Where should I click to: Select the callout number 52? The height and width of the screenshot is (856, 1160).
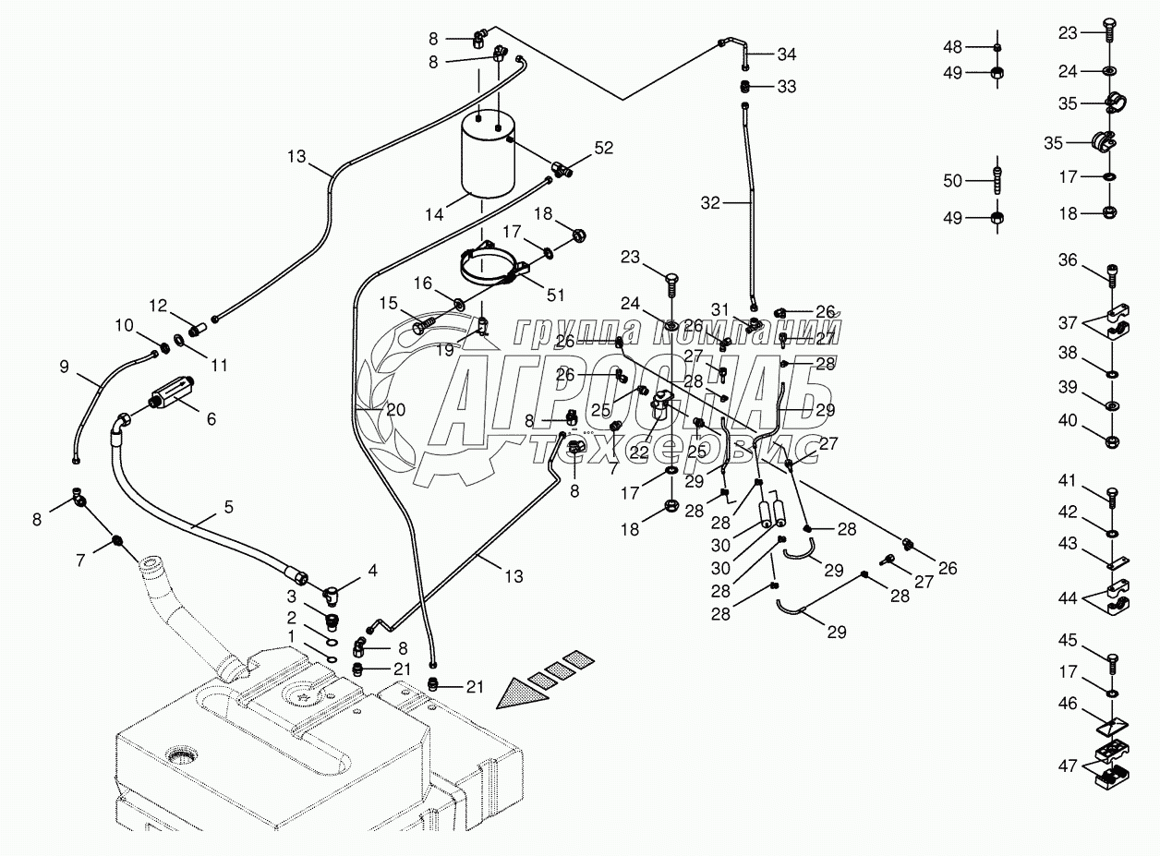point(603,147)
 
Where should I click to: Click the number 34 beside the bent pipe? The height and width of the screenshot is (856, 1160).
point(786,54)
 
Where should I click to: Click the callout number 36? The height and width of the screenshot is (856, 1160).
point(1068,260)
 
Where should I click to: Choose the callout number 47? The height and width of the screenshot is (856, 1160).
point(1068,765)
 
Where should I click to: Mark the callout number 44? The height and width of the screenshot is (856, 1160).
point(1068,599)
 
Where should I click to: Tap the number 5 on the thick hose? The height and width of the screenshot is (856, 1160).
point(227,507)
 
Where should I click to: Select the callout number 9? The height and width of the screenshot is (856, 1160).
point(64,367)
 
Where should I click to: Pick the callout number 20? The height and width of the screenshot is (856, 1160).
point(395,410)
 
